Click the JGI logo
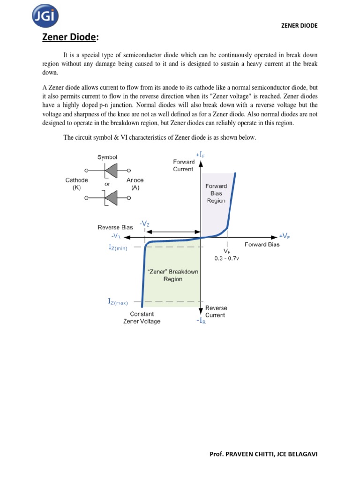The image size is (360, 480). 46,17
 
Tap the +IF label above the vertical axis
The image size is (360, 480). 200,154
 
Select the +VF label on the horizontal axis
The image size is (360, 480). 284,235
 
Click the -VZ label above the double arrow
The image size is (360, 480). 144,224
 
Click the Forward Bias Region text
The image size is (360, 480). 216,193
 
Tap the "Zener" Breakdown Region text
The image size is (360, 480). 172,275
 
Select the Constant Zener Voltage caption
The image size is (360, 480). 142,317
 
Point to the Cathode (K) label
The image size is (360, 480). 76,184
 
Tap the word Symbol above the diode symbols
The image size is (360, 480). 107,157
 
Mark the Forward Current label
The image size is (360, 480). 183,165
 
